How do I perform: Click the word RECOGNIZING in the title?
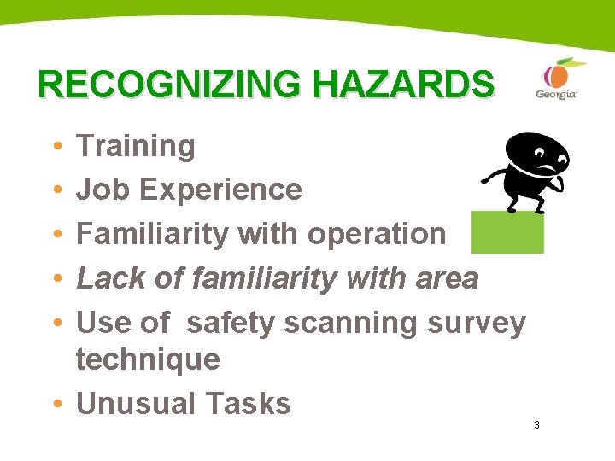click(171, 85)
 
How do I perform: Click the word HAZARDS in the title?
click(402, 85)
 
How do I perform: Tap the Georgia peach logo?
click(556, 79)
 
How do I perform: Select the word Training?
click(136, 147)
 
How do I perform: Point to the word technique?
click(148, 359)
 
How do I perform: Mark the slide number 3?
click(536, 425)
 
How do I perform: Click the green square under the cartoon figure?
click(507, 232)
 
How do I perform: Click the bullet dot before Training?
click(56, 148)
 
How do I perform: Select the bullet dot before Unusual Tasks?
click(56, 405)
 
